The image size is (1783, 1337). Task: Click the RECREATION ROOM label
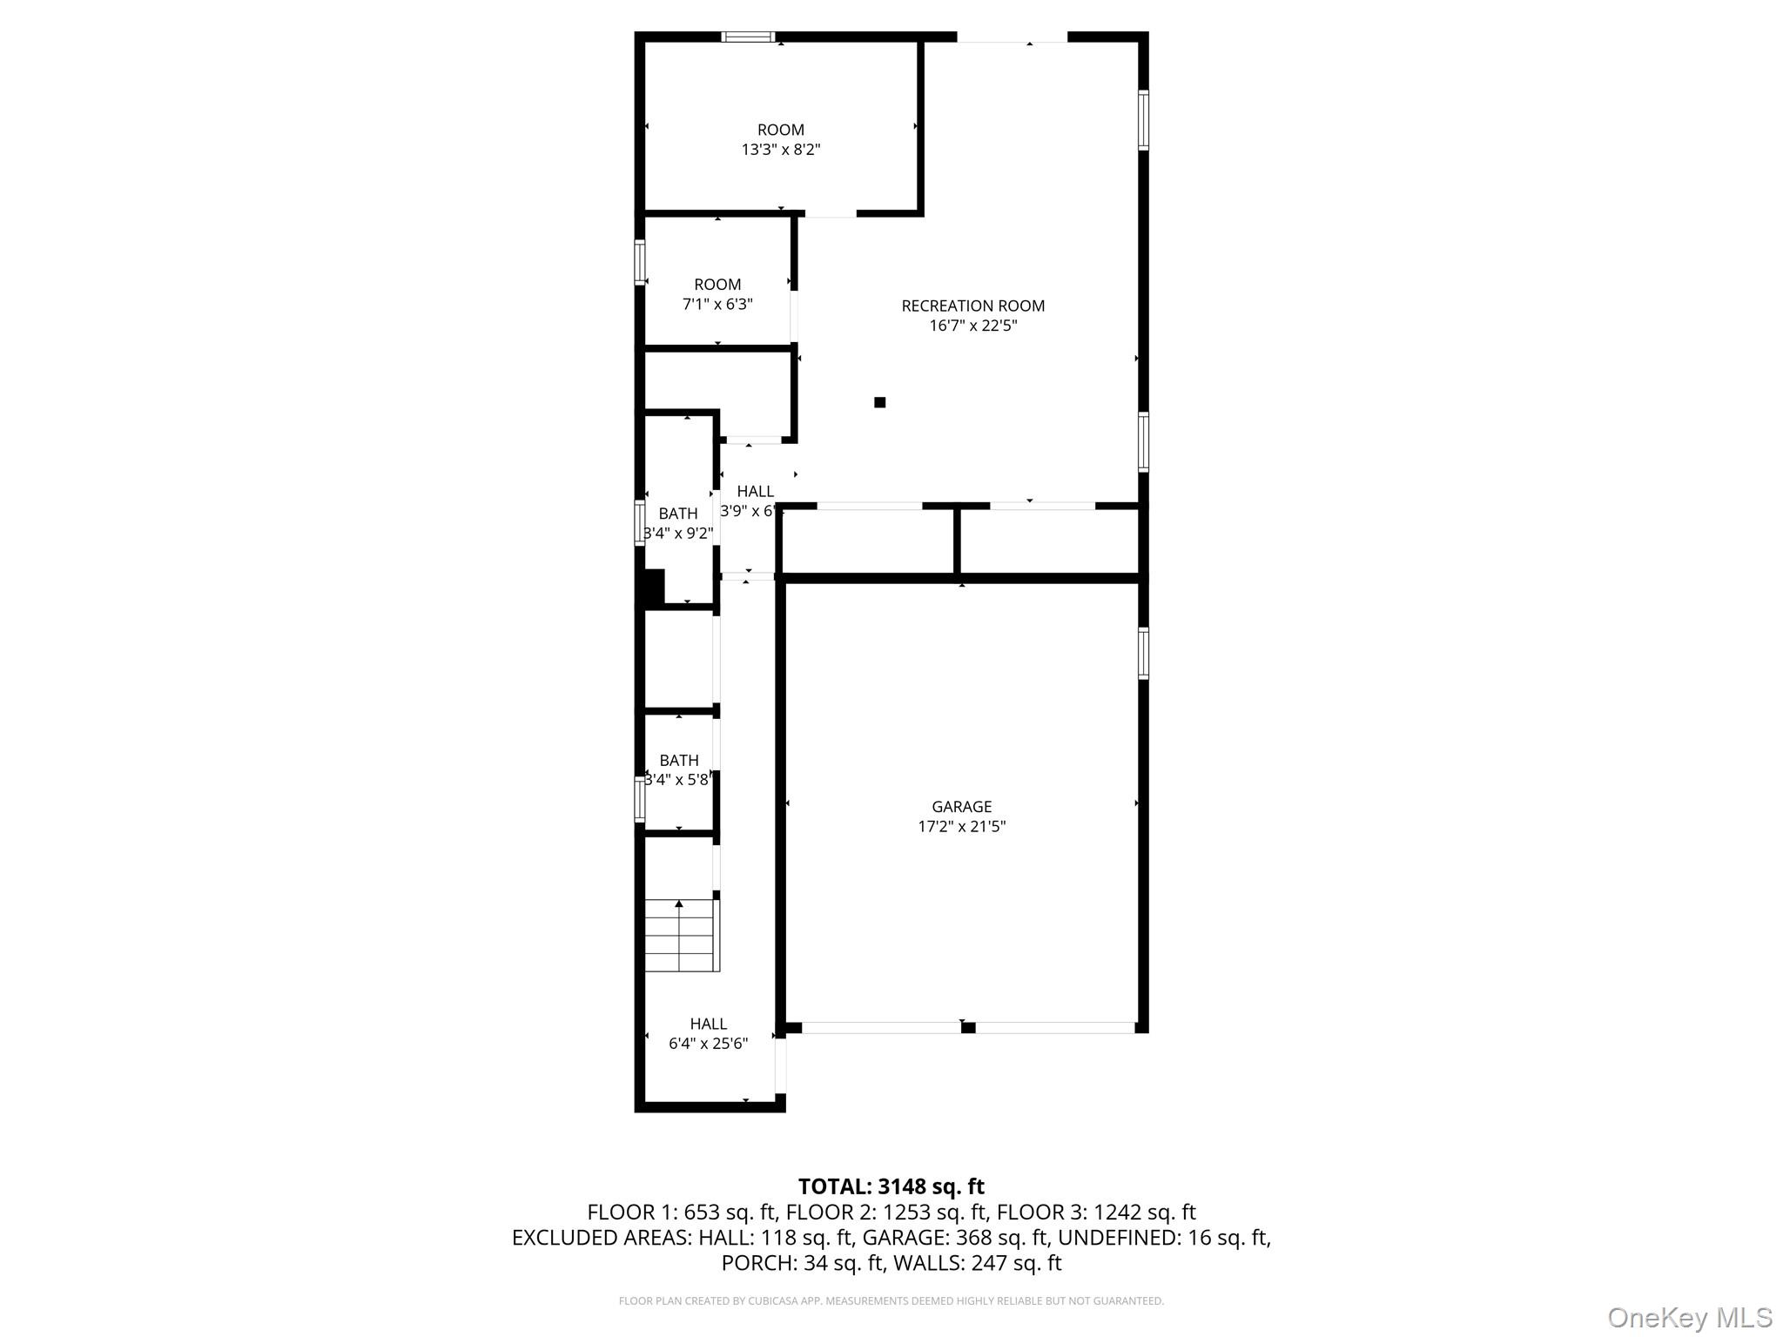pyautogui.click(x=972, y=306)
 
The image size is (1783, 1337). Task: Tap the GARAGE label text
pyautogui.click(x=961, y=807)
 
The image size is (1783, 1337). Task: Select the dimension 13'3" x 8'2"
pyautogui.click(x=780, y=150)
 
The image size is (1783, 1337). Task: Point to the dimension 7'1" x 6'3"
pyautogui.click(x=717, y=305)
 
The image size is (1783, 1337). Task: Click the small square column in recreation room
pyautogui.click(x=879, y=402)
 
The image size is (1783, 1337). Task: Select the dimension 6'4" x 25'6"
pyautogui.click(x=708, y=1044)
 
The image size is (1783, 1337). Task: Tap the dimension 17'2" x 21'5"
pyautogui.click(x=961, y=827)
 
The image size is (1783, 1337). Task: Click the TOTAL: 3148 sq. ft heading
pyautogui.click(x=891, y=1186)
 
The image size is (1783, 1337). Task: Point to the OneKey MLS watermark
pyautogui.click(x=1689, y=1317)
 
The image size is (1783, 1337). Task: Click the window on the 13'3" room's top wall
pyautogui.click(x=749, y=37)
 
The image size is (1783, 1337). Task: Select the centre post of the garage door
pyautogui.click(x=967, y=1028)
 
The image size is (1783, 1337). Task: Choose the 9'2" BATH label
pyautogui.click(x=677, y=514)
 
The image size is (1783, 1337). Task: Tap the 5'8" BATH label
pyautogui.click(x=678, y=761)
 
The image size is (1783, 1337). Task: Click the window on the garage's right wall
pyautogui.click(x=1143, y=653)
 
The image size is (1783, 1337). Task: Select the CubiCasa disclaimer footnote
pyautogui.click(x=891, y=1301)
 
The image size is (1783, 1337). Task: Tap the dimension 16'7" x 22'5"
pyautogui.click(x=972, y=326)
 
